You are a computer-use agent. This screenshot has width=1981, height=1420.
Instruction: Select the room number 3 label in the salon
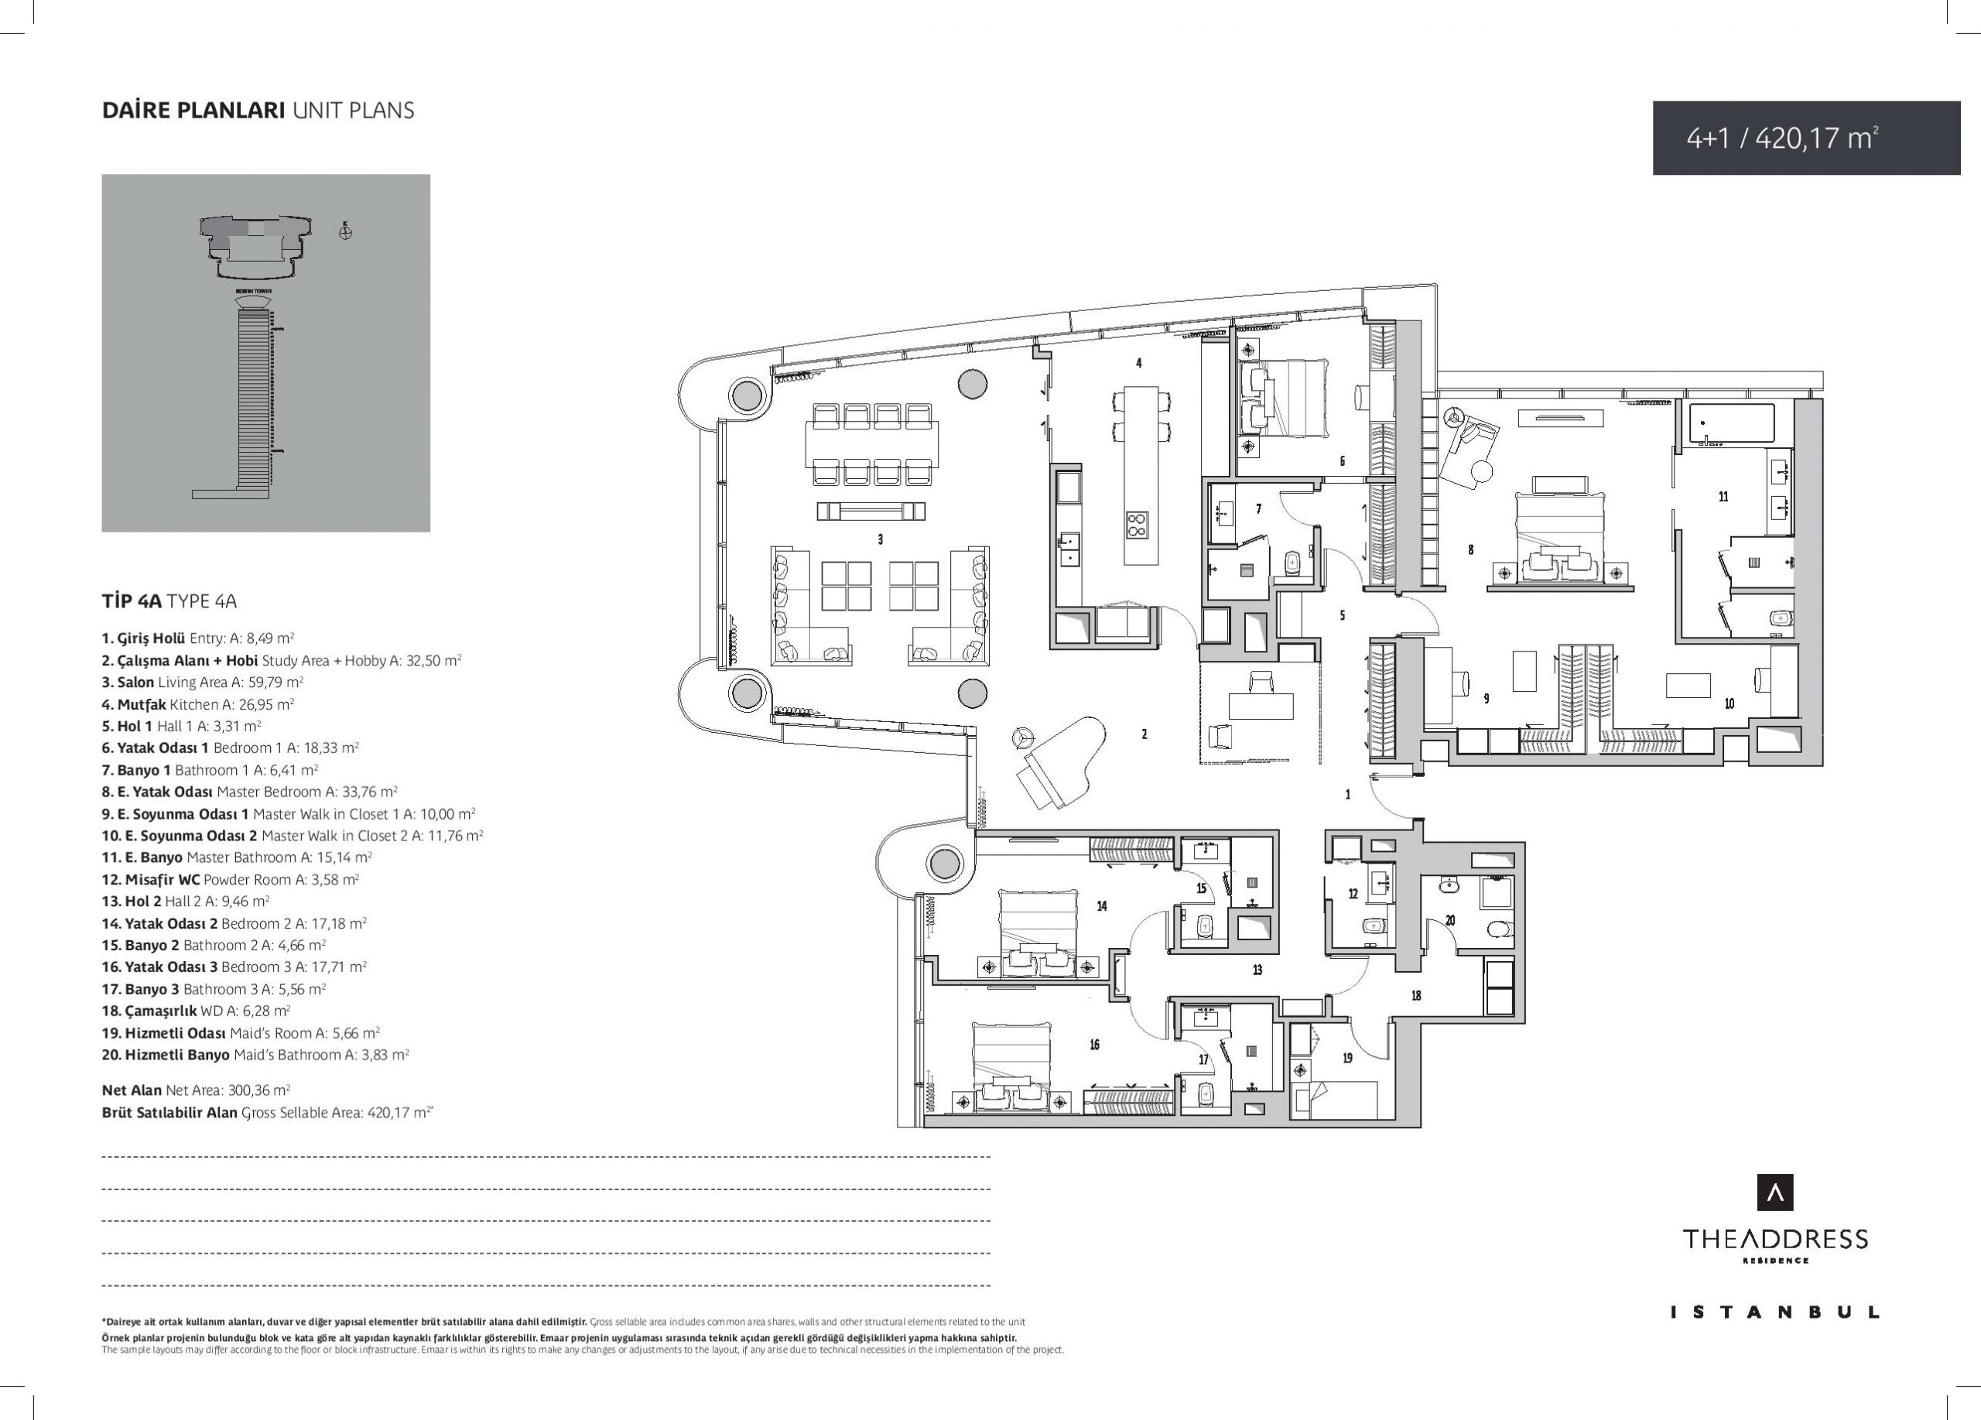coord(880,539)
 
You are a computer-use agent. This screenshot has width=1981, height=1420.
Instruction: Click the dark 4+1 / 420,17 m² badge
coord(1806,138)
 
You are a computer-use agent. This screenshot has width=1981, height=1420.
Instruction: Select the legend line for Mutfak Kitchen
coord(197,704)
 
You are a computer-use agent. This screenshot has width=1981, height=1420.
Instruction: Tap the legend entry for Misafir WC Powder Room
coord(230,879)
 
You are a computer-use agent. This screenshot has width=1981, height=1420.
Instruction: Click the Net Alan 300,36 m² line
coord(196,1090)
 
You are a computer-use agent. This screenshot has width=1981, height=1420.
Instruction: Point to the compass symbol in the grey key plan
coord(346,231)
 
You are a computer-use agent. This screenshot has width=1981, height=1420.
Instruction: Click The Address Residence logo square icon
coord(1775,1192)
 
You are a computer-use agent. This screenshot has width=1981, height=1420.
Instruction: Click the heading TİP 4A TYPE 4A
coord(169,601)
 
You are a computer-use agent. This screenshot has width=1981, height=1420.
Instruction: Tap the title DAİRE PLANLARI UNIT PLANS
coord(258,111)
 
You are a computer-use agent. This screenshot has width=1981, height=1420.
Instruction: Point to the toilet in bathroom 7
coord(1293,563)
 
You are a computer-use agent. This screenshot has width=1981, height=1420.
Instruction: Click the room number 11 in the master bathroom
coord(1723,496)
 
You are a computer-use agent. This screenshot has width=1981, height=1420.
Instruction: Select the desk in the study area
coord(1261,705)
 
